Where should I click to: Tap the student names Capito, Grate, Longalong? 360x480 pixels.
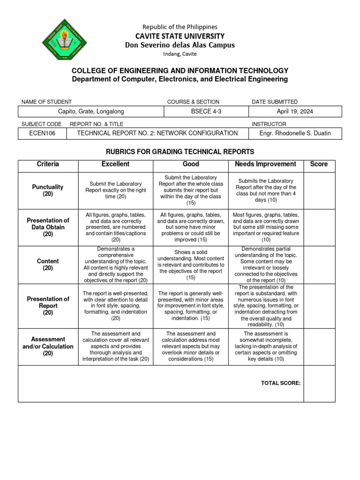[91, 112]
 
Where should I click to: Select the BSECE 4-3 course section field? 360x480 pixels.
[206, 112]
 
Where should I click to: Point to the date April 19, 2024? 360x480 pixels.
[295, 112]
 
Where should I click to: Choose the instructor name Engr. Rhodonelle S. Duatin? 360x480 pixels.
[295, 133]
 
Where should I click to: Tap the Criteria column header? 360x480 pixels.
[48, 164]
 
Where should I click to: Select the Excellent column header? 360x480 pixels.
[116, 164]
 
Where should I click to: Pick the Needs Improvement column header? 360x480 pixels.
[266, 164]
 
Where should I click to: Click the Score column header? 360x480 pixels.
[319, 164]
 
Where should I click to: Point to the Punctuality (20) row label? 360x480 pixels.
[48, 190]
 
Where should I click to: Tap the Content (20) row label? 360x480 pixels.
[48, 264]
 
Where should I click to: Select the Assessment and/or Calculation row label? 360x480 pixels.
[48, 346]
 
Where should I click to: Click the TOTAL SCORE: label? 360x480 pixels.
[280, 383]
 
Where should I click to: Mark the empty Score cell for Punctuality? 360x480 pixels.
[319, 190]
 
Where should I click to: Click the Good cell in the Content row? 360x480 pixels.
[191, 264]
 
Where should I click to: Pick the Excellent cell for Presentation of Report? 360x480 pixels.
[116, 306]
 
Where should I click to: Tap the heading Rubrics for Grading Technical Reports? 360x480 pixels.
[180, 151]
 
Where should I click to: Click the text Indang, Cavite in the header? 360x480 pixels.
[180, 54]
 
